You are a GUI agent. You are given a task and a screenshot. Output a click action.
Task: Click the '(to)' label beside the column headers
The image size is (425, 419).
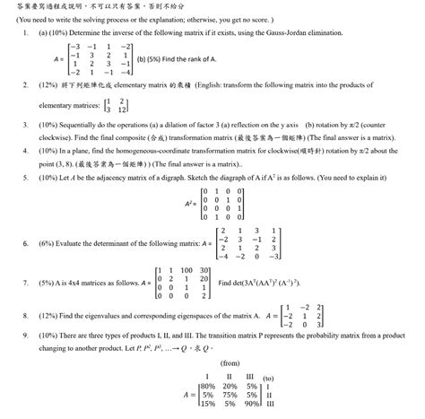(270, 376)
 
